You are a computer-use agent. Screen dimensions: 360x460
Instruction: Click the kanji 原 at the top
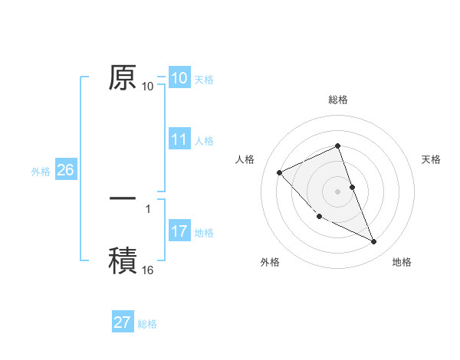coord(123,77)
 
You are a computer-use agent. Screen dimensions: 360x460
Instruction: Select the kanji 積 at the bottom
coord(123,259)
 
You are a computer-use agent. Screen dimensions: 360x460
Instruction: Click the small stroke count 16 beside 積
coord(148,270)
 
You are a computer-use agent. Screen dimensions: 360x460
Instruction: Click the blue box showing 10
coord(179,78)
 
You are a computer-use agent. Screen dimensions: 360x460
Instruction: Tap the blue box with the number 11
coord(179,139)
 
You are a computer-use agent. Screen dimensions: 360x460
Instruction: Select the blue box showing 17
coord(179,231)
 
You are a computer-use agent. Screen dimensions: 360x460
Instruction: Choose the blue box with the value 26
coord(65,170)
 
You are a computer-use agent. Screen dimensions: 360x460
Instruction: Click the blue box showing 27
coord(123,322)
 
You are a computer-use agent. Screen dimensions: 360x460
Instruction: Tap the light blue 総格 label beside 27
coord(147,324)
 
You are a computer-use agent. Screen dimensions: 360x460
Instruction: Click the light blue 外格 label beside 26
coord(41,172)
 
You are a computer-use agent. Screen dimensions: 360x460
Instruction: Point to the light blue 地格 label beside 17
coord(204,233)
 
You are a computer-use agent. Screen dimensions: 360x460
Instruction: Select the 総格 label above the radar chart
coord(338,100)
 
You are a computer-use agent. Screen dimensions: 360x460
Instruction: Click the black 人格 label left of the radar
coord(245,159)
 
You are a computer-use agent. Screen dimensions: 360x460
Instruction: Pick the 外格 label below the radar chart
coord(270,263)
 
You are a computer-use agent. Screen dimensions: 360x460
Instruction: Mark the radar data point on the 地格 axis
coord(374,242)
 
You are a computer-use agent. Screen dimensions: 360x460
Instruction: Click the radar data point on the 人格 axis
coord(280,172)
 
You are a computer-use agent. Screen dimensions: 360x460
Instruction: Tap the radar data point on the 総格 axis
coord(338,146)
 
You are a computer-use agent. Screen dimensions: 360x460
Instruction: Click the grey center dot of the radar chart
coord(338,191)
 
